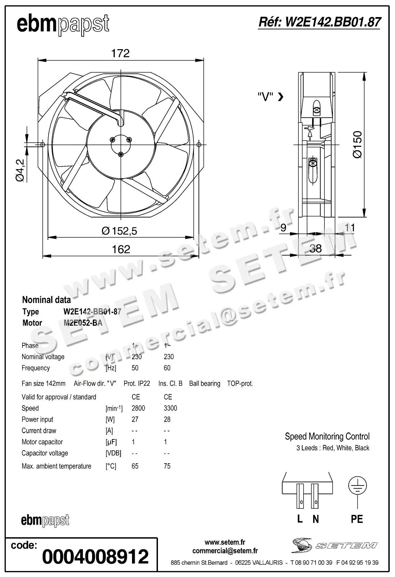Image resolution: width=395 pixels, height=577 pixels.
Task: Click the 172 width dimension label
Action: tap(120, 53)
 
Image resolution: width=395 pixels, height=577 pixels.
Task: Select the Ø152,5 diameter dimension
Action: tap(119, 231)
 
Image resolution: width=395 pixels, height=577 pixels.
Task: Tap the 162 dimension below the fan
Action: tap(121, 249)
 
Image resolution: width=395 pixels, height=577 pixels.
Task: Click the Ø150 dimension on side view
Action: tap(357, 144)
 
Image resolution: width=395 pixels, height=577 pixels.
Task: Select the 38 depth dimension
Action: tap(316, 248)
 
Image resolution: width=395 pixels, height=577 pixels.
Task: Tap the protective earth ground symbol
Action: tap(357, 485)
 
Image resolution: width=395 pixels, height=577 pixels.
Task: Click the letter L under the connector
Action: tap(300, 519)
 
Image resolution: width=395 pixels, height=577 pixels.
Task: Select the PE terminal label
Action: tap(357, 519)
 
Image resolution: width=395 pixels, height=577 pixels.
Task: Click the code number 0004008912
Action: tap(96, 557)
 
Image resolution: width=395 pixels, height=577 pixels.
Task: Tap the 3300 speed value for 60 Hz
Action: tap(170, 408)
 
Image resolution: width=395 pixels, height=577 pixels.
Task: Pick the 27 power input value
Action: tap(135, 420)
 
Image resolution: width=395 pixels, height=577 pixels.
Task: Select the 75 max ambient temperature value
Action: tap(167, 466)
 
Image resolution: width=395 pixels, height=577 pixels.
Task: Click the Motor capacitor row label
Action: tap(42, 442)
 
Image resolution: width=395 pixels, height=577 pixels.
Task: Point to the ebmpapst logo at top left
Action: tap(63, 25)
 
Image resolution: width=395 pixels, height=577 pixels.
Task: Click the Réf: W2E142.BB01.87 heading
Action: tap(319, 22)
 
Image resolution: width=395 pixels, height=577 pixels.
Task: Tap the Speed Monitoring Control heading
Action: tap(327, 436)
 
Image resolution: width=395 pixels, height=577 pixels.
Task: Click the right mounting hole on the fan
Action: tap(200, 144)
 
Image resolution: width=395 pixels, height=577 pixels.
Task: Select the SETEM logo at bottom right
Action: tap(334, 545)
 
